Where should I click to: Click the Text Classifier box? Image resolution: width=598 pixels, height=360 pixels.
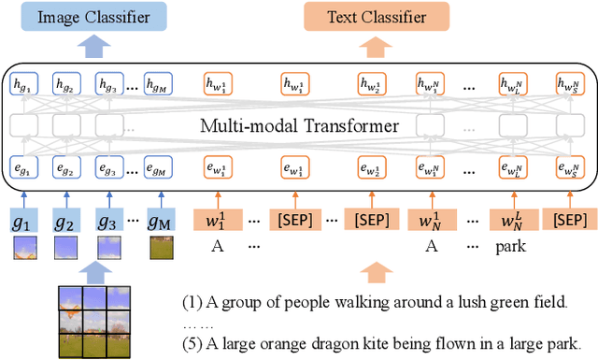click(x=375, y=16)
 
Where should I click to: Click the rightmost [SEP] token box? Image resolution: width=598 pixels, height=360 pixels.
click(x=570, y=220)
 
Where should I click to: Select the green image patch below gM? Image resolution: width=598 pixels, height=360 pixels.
click(x=160, y=249)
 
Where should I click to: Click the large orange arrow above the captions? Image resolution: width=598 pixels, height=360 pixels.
click(x=375, y=272)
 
